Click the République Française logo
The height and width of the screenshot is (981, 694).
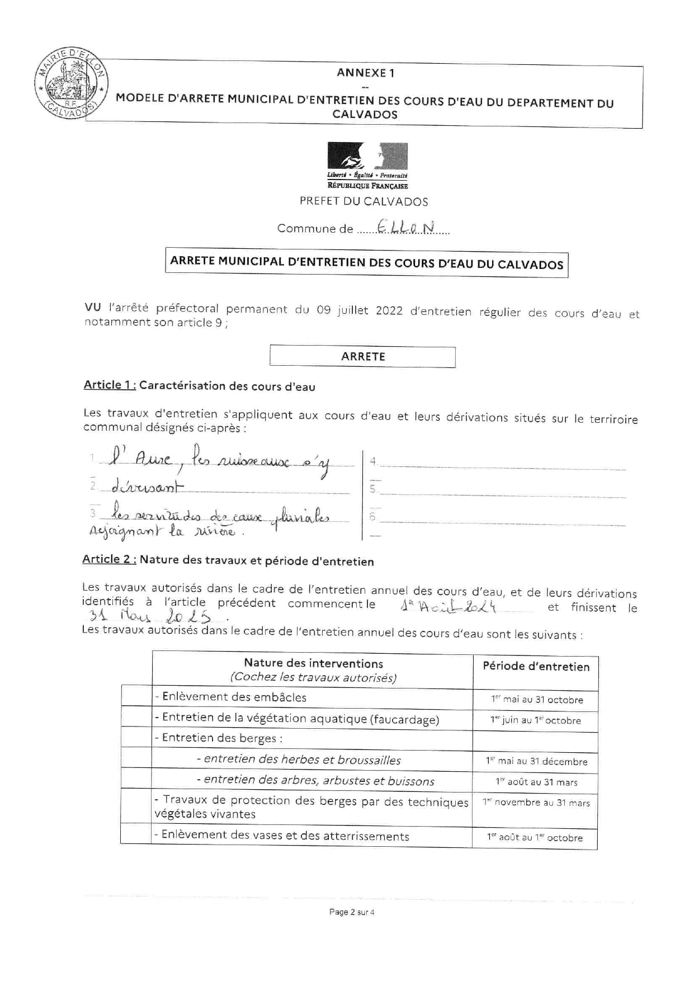[367, 166]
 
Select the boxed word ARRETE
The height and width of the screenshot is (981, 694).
[363, 356]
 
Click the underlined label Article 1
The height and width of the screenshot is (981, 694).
[110, 385]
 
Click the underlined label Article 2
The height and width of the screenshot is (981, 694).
[109, 559]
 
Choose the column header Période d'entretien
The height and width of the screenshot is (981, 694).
[536, 667]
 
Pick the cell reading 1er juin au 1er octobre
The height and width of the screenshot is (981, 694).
[535, 720]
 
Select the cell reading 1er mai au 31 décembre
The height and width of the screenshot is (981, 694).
[536, 761]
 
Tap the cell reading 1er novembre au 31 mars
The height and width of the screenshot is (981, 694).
[536, 803]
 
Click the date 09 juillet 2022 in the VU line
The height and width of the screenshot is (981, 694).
[360, 310]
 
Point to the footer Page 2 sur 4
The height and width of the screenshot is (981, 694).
[352, 912]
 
